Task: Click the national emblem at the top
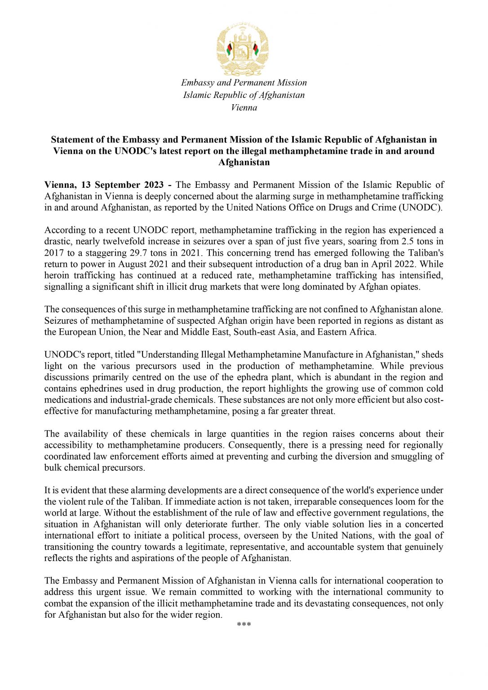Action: [243, 49]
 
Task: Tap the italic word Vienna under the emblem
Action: [244, 108]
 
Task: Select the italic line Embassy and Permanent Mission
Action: [244, 83]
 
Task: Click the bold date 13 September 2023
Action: [122, 185]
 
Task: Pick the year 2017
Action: [54, 253]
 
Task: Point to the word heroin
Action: [57, 275]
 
